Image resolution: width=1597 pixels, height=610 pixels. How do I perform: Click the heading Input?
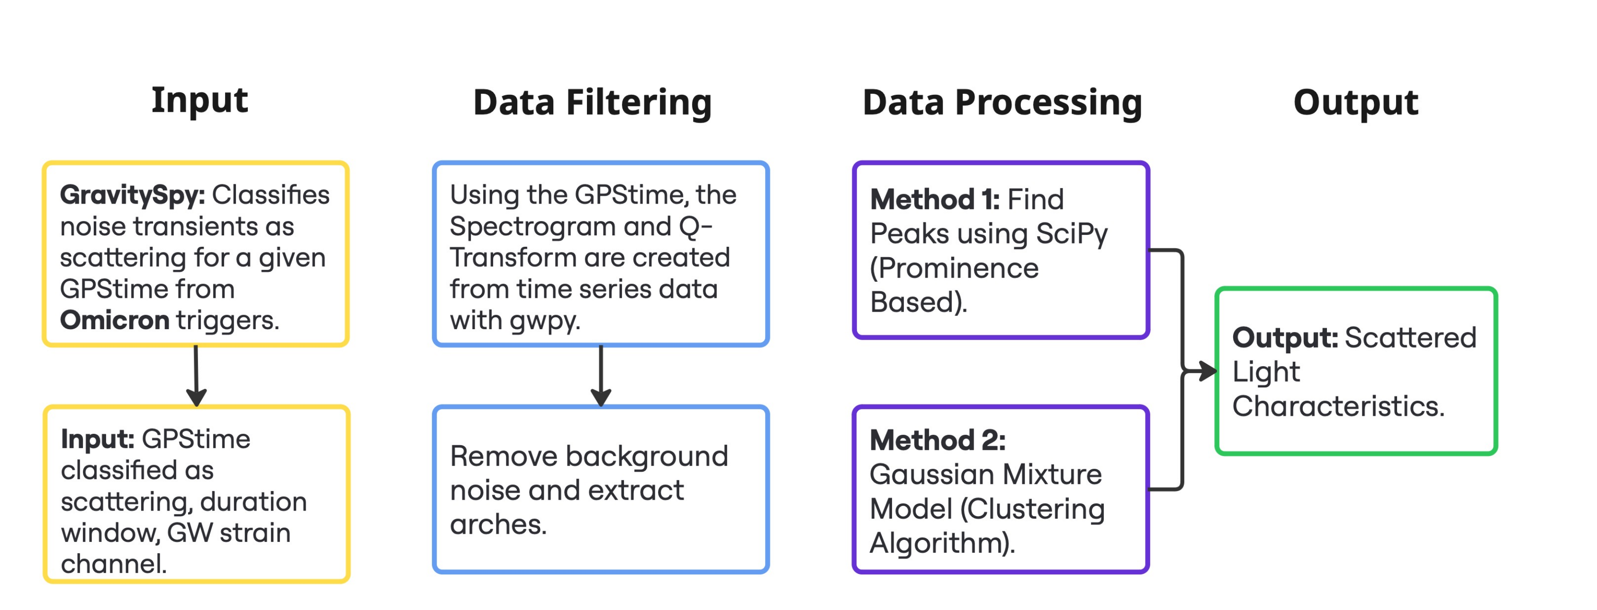point(199,100)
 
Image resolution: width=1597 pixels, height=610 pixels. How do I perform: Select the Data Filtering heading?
point(592,103)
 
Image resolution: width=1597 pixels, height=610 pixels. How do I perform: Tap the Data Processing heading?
point(1002,103)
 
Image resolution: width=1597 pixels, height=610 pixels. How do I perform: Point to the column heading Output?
point(1355,103)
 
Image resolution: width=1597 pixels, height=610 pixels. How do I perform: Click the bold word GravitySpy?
point(131,195)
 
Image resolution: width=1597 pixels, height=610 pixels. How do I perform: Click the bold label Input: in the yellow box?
point(97,440)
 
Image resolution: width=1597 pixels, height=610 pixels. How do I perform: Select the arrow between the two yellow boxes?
point(196,376)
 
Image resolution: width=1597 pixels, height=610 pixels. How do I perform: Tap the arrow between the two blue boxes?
point(601,376)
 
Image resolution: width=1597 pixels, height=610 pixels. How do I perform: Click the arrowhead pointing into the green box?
point(1206,371)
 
